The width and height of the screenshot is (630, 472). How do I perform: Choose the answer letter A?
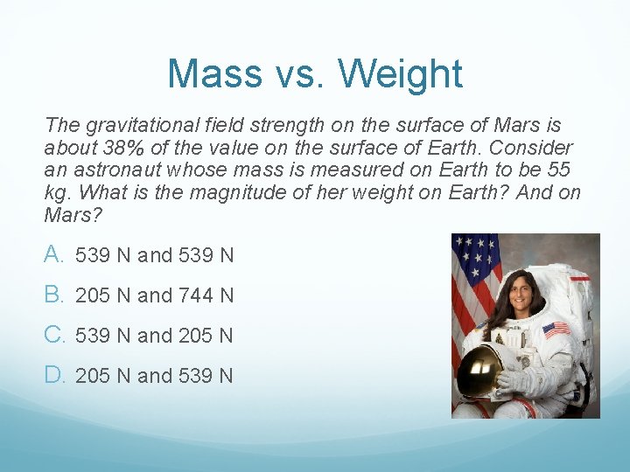click(55, 254)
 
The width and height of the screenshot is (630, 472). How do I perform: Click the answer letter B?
click(55, 295)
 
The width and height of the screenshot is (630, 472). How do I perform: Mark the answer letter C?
click(55, 335)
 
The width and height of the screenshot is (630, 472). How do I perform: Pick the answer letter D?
click(55, 375)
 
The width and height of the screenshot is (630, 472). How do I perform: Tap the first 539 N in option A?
click(103, 256)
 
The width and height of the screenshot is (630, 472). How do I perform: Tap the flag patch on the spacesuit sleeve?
click(556, 330)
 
